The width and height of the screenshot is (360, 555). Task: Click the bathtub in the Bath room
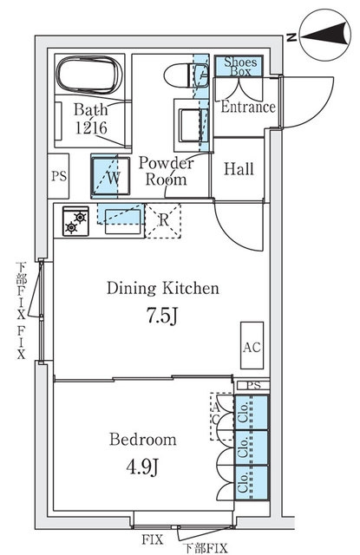(x=89, y=75)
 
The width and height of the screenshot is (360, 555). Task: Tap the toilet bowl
(x=186, y=75)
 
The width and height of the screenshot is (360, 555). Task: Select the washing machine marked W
(x=110, y=176)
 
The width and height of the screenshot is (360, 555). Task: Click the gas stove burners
(x=75, y=221)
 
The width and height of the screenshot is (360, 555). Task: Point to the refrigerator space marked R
(x=163, y=220)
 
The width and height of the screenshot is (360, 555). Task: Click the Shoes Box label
(x=240, y=67)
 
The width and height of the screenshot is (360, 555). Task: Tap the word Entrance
(x=248, y=107)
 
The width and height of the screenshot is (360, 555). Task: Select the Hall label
(x=239, y=169)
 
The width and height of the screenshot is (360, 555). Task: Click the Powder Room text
(x=166, y=171)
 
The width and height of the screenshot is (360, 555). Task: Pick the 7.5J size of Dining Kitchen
(x=161, y=316)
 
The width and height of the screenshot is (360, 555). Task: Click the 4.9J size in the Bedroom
(x=142, y=467)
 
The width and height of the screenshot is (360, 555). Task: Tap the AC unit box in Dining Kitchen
(x=252, y=345)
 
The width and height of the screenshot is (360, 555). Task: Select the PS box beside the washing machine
(x=58, y=176)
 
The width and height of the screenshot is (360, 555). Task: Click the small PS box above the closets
(x=252, y=385)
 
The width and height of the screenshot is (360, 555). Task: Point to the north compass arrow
(x=325, y=36)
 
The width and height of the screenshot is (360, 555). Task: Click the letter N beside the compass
(x=291, y=36)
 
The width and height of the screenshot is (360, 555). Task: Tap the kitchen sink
(x=122, y=221)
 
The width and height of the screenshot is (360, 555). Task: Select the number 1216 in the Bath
(x=91, y=127)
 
